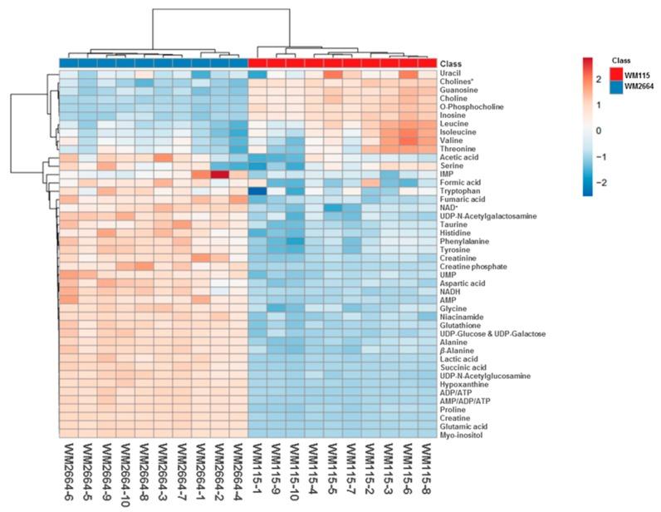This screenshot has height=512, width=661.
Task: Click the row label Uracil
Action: pos(449,74)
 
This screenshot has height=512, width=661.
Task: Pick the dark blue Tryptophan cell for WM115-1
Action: pos(257,190)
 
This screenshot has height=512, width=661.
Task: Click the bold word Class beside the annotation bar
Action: pos(451,64)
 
